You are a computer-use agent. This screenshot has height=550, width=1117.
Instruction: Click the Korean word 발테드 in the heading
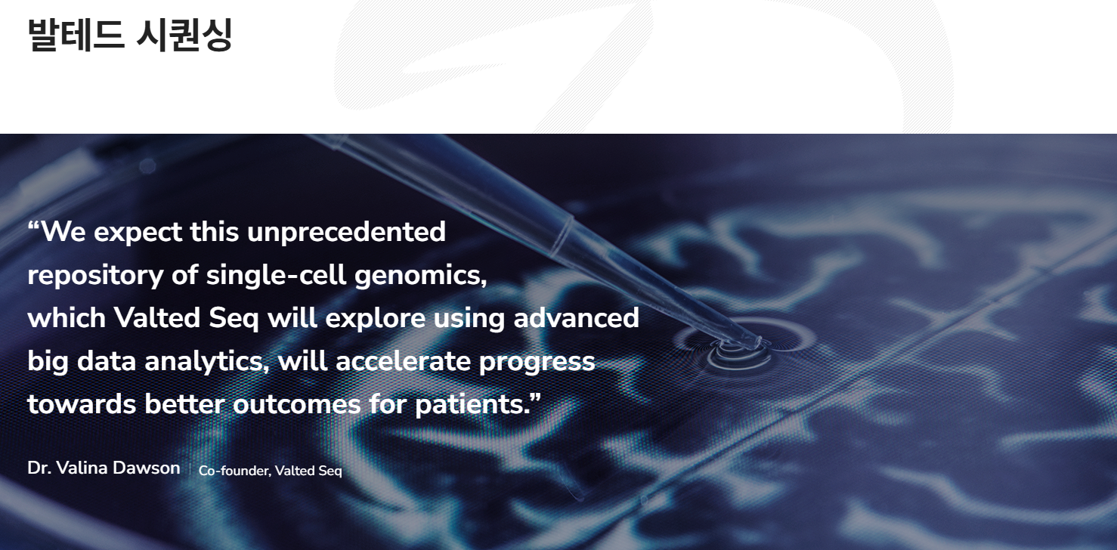tap(76, 35)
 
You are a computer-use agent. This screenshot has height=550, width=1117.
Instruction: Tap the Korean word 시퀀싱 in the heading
tap(184, 35)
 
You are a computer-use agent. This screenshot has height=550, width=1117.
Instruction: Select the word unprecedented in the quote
tap(346, 232)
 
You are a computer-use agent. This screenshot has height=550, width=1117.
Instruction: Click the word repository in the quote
tap(95, 275)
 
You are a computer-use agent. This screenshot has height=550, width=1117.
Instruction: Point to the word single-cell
tap(277, 274)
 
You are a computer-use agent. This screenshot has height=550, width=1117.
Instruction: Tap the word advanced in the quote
tap(577, 317)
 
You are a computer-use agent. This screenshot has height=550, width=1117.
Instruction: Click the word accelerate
tap(403, 361)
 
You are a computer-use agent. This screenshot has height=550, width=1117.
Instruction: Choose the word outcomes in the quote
tap(297, 404)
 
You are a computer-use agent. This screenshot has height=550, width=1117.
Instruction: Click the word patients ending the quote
tap(472, 405)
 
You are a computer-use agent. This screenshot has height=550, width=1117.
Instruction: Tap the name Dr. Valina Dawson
tap(104, 468)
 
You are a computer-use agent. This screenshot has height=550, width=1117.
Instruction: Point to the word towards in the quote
tap(82, 404)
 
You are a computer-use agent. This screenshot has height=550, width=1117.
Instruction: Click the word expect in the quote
tap(138, 233)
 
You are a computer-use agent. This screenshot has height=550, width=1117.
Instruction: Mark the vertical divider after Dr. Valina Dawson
tap(190, 468)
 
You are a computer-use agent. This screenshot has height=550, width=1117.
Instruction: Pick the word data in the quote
tap(107, 361)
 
